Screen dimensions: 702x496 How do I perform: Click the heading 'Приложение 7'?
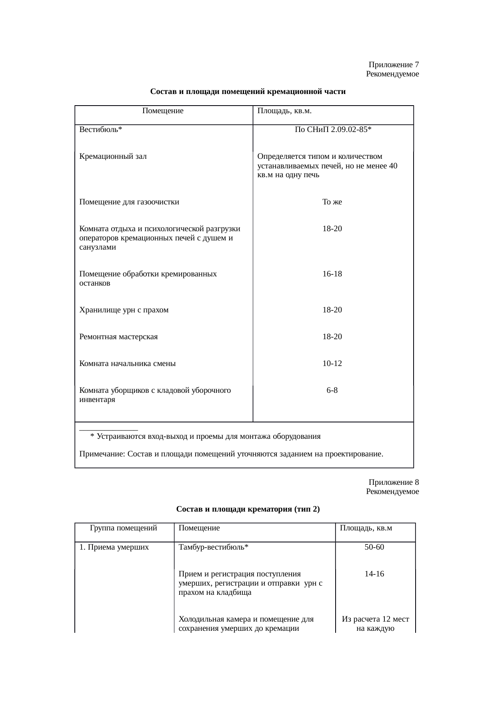(394, 65)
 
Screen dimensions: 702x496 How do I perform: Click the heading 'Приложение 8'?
(394, 482)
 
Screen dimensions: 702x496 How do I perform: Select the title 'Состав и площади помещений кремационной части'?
(248, 92)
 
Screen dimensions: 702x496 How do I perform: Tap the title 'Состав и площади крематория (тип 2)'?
(248, 509)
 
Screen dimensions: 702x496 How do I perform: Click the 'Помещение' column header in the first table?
(163, 111)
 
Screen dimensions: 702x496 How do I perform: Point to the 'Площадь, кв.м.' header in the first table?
(284, 111)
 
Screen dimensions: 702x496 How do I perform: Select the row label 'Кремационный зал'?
(113, 156)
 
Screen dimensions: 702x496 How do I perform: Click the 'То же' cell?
(332, 202)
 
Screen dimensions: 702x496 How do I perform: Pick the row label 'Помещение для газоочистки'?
(129, 202)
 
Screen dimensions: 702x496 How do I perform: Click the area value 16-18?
(332, 274)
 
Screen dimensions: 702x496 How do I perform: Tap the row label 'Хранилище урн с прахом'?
(124, 310)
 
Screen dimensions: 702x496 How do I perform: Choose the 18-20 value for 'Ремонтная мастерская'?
(332, 337)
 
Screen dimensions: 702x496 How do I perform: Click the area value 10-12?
(332, 364)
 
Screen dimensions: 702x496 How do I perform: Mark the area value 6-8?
(332, 390)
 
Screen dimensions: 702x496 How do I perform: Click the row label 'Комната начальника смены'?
(127, 364)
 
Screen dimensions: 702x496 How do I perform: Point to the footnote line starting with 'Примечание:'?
(231, 454)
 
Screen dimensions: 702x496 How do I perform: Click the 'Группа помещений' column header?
(124, 528)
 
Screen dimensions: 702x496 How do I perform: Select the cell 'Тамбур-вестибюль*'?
(214, 547)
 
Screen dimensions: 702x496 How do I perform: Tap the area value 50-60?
(374, 547)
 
